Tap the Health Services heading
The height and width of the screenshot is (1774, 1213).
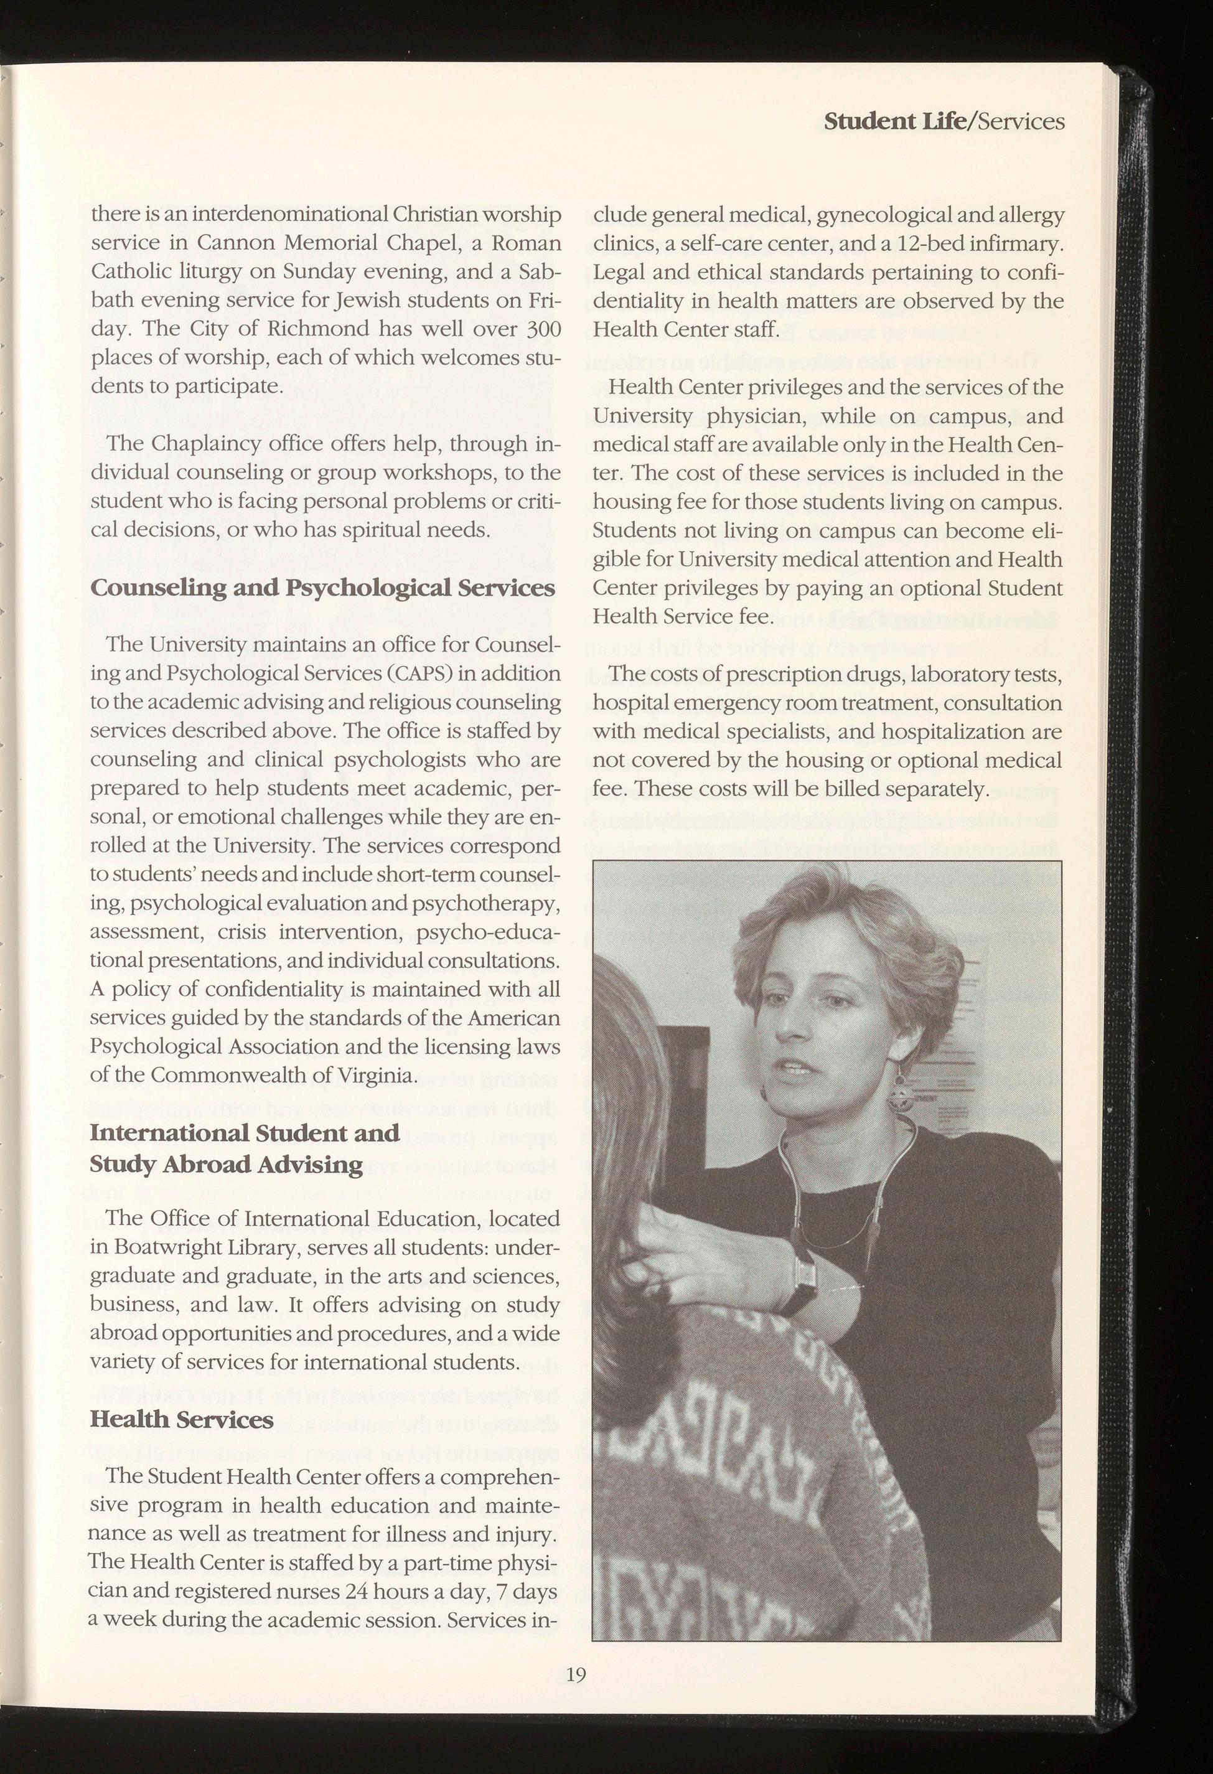click(x=182, y=1419)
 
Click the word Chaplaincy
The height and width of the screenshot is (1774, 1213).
click(x=192, y=444)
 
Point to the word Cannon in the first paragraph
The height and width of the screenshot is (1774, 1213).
click(x=228, y=243)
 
